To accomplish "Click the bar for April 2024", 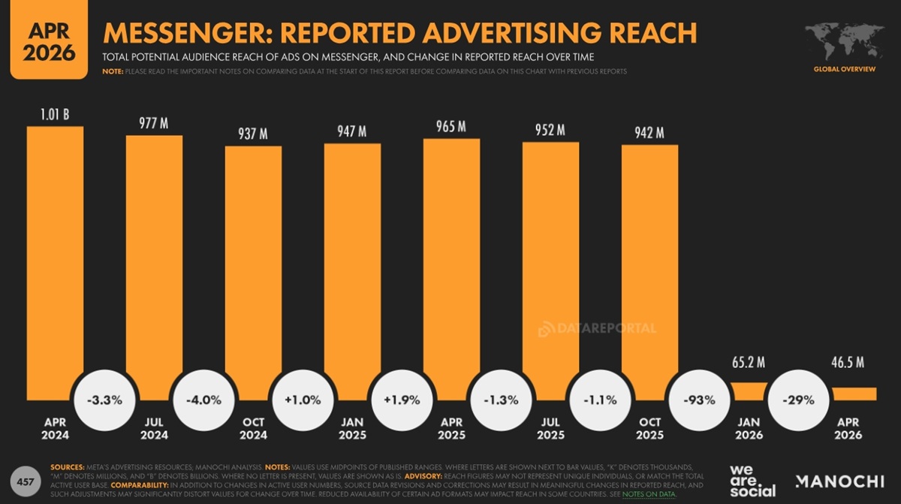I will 55,255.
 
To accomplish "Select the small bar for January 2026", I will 749,391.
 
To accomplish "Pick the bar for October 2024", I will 253,263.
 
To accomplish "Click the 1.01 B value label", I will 55,115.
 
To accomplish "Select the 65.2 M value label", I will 749,363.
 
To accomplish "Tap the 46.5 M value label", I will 848,363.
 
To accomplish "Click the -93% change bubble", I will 698,400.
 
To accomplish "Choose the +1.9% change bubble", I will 402,400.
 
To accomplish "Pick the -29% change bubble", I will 797,400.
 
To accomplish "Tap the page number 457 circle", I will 25,479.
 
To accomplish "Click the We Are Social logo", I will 753,480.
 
